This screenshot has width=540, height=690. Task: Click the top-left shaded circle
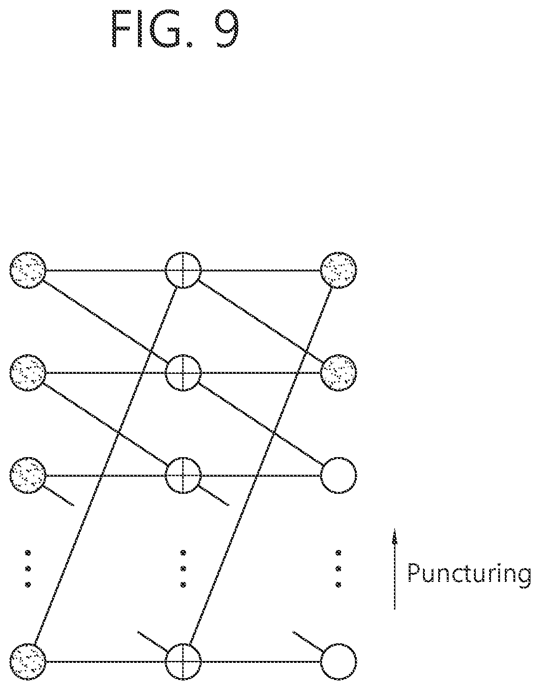pos(28,270)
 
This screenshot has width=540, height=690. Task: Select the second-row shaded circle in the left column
pos(28,373)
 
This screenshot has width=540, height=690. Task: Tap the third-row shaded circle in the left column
pos(28,475)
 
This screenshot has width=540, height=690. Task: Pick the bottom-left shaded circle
pos(28,662)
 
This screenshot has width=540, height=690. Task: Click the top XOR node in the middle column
pos(183,270)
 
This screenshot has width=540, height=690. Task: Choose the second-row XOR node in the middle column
pos(183,373)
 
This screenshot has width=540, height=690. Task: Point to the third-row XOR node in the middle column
pos(183,475)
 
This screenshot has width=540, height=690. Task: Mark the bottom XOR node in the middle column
pos(183,662)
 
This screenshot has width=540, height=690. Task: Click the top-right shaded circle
pos(339,270)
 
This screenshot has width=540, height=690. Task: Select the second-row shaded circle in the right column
pos(339,373)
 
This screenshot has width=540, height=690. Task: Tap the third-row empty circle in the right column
pos(339,475)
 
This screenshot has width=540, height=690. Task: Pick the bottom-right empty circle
pos(339,662)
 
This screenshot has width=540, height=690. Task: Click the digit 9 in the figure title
pos(227,29)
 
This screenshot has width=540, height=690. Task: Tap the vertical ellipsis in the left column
pos(28,569)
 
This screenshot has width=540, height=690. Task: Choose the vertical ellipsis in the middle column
pos(183,569)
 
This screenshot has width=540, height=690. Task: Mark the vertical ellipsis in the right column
pos(339,569)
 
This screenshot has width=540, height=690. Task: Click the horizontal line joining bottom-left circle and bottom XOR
pos(106,662)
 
